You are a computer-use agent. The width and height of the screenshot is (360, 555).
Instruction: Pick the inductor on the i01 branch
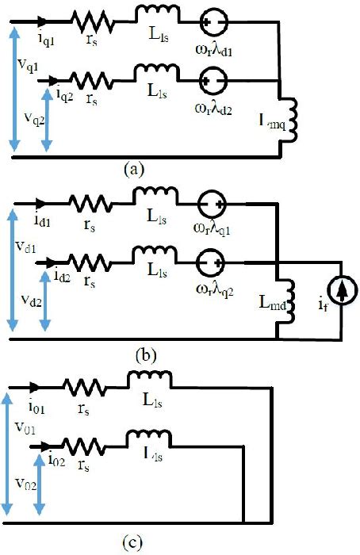pyautogui.click(x=149, y=384)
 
